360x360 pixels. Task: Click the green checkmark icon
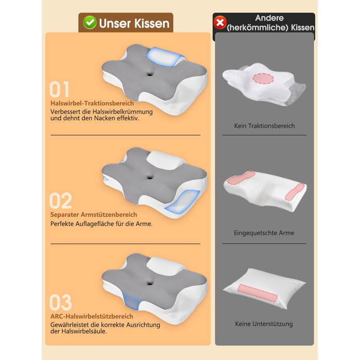(90, 23)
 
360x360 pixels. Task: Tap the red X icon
(220, 23)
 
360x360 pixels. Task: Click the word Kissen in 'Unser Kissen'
(152, 23)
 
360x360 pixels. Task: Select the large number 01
(59, 89)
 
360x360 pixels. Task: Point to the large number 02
(61, 201)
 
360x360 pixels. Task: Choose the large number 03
(61, 302)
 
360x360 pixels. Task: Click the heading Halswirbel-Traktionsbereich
(92, 103)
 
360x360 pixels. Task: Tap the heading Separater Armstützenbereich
(94, 214)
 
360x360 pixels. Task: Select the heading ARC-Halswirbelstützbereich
(92, 316)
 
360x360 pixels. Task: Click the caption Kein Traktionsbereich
(264, 126)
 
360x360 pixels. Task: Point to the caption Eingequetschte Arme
(264, 233)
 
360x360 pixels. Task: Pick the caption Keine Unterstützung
(264, 324)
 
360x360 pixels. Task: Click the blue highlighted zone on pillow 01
(165, 57)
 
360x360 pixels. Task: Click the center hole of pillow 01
(150, 74)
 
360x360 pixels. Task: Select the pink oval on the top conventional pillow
(263, 79)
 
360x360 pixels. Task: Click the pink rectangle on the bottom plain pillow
(257, 293)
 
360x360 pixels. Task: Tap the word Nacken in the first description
(104, 118)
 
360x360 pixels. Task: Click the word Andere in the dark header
(269, 18)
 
